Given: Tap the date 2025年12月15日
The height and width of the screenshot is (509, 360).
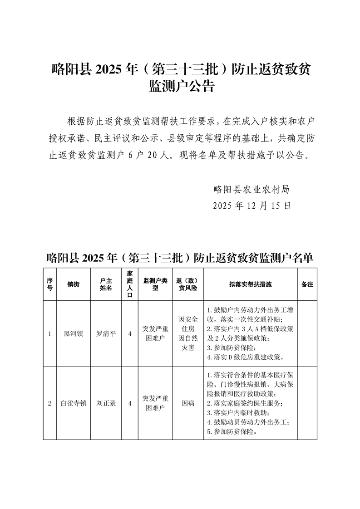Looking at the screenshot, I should click(251, 206).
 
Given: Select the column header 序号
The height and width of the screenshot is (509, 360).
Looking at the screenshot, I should click(49, 284).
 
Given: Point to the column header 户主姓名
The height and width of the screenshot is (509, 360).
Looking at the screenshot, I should click(106, 284).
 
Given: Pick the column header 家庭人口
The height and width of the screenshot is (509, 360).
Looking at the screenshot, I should click(130, 284).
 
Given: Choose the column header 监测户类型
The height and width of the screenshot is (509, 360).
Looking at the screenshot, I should click(155, 284).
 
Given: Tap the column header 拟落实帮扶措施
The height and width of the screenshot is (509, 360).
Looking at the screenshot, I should click(250, 284).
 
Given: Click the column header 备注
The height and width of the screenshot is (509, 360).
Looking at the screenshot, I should click(307, 284).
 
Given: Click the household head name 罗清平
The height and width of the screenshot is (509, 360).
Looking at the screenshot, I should click(106, 334).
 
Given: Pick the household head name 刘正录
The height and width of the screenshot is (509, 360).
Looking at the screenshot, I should click(106, 403).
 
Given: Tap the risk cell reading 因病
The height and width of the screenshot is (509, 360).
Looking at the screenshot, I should click(188, 403).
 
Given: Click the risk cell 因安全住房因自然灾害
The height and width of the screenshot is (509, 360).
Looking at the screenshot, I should click(188, 334).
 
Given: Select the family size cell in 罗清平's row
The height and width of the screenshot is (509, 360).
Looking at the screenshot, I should click(130, 334).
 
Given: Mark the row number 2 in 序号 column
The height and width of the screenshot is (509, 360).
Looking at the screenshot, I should click(49, 403).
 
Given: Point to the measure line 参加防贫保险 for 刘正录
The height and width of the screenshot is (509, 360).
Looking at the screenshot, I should click(232, 432).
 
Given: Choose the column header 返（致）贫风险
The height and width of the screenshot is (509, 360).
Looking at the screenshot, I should click(188, 284).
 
